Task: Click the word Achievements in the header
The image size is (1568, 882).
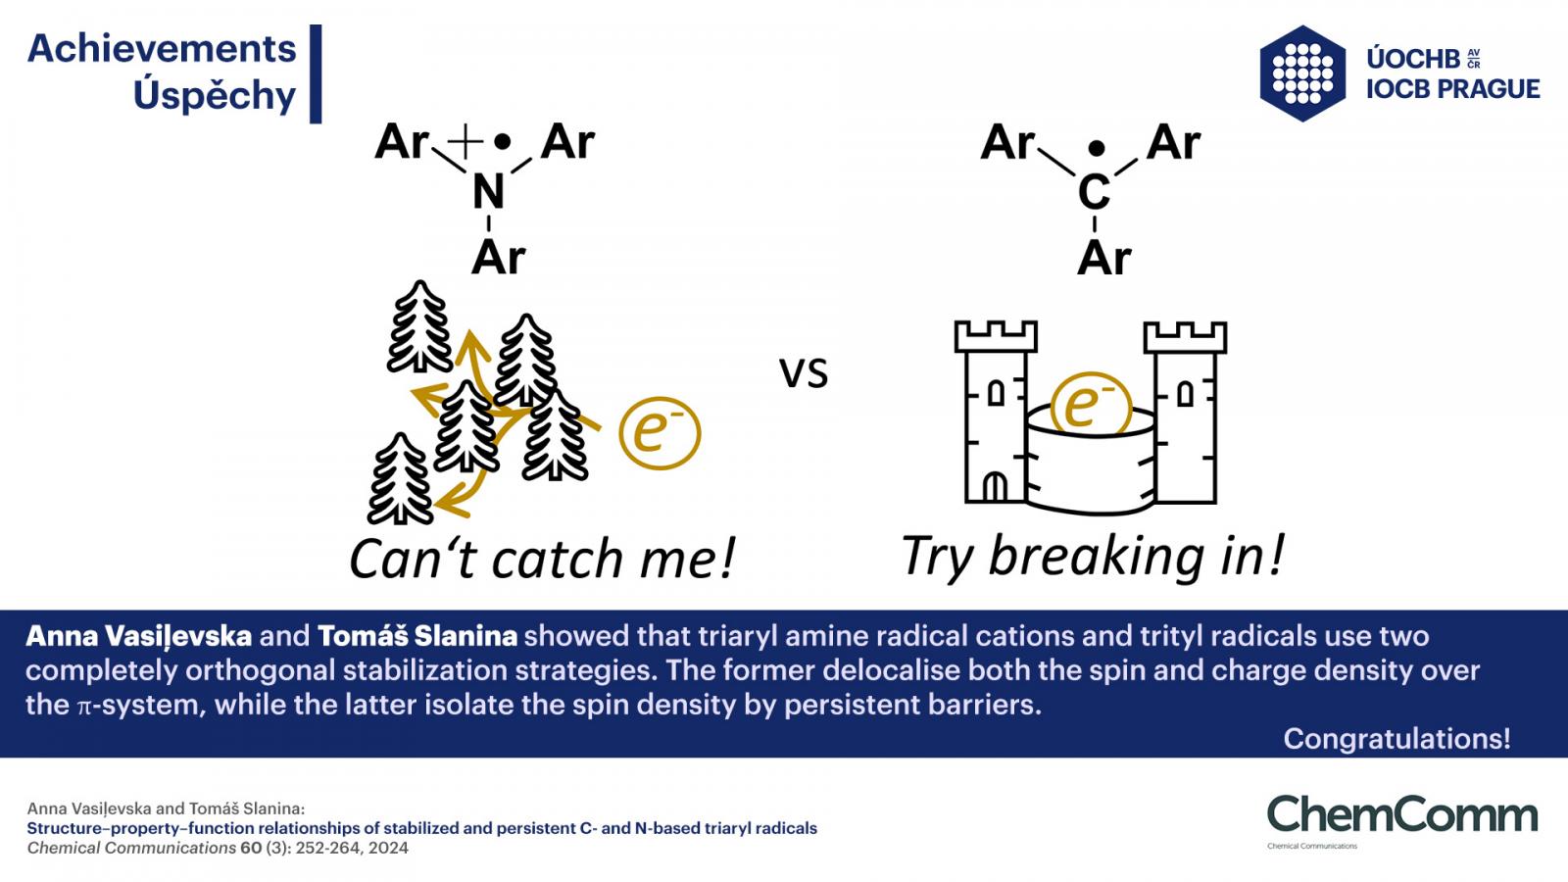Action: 162,49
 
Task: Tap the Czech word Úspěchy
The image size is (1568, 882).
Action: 215,95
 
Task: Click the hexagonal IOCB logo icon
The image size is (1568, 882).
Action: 1302,73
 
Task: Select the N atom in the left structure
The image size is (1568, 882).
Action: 489,191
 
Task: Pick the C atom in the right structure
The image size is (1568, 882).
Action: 1094,192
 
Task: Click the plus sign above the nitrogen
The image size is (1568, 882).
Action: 465,141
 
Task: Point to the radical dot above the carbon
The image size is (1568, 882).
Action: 1097,148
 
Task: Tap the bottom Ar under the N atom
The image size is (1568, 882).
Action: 499,258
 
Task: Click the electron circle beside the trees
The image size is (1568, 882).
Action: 660,433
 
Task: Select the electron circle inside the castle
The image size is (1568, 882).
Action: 1092,403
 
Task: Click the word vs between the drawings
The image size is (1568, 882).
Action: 804,373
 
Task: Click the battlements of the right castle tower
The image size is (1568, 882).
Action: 1185,337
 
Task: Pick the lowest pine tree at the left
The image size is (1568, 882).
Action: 400,479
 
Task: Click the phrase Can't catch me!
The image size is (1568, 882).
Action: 543,560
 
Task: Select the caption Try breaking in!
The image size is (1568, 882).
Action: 1093,557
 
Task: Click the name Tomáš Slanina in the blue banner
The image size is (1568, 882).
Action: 417,636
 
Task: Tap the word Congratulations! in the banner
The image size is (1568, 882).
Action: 1396,739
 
